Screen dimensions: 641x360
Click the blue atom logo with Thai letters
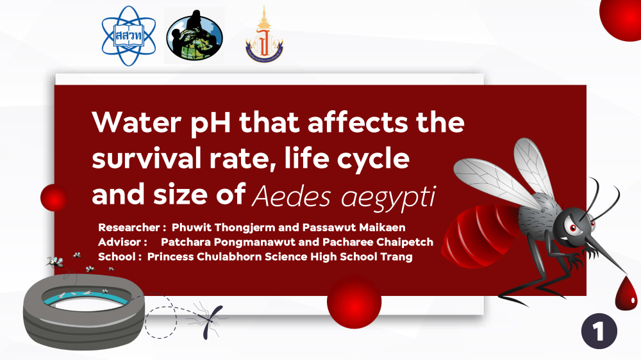[129, 36]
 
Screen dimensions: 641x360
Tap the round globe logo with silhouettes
[195, 36]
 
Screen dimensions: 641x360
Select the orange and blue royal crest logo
[264, 36]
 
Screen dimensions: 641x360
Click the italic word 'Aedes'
[291, 196]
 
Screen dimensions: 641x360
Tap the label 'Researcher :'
[132, 227]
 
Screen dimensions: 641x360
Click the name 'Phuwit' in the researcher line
[191, 227]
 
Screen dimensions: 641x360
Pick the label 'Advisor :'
[122, 242]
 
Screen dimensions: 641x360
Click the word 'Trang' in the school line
[396, 257]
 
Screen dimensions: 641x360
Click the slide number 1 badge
[599, 331]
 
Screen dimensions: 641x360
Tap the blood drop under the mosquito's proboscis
[626, 293]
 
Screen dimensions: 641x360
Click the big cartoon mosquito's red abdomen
[483, 236]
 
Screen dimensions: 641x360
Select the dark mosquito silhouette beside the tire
[210, 322]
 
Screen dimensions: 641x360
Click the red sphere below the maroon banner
[354, 302]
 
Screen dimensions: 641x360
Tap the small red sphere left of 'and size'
[54, 198]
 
